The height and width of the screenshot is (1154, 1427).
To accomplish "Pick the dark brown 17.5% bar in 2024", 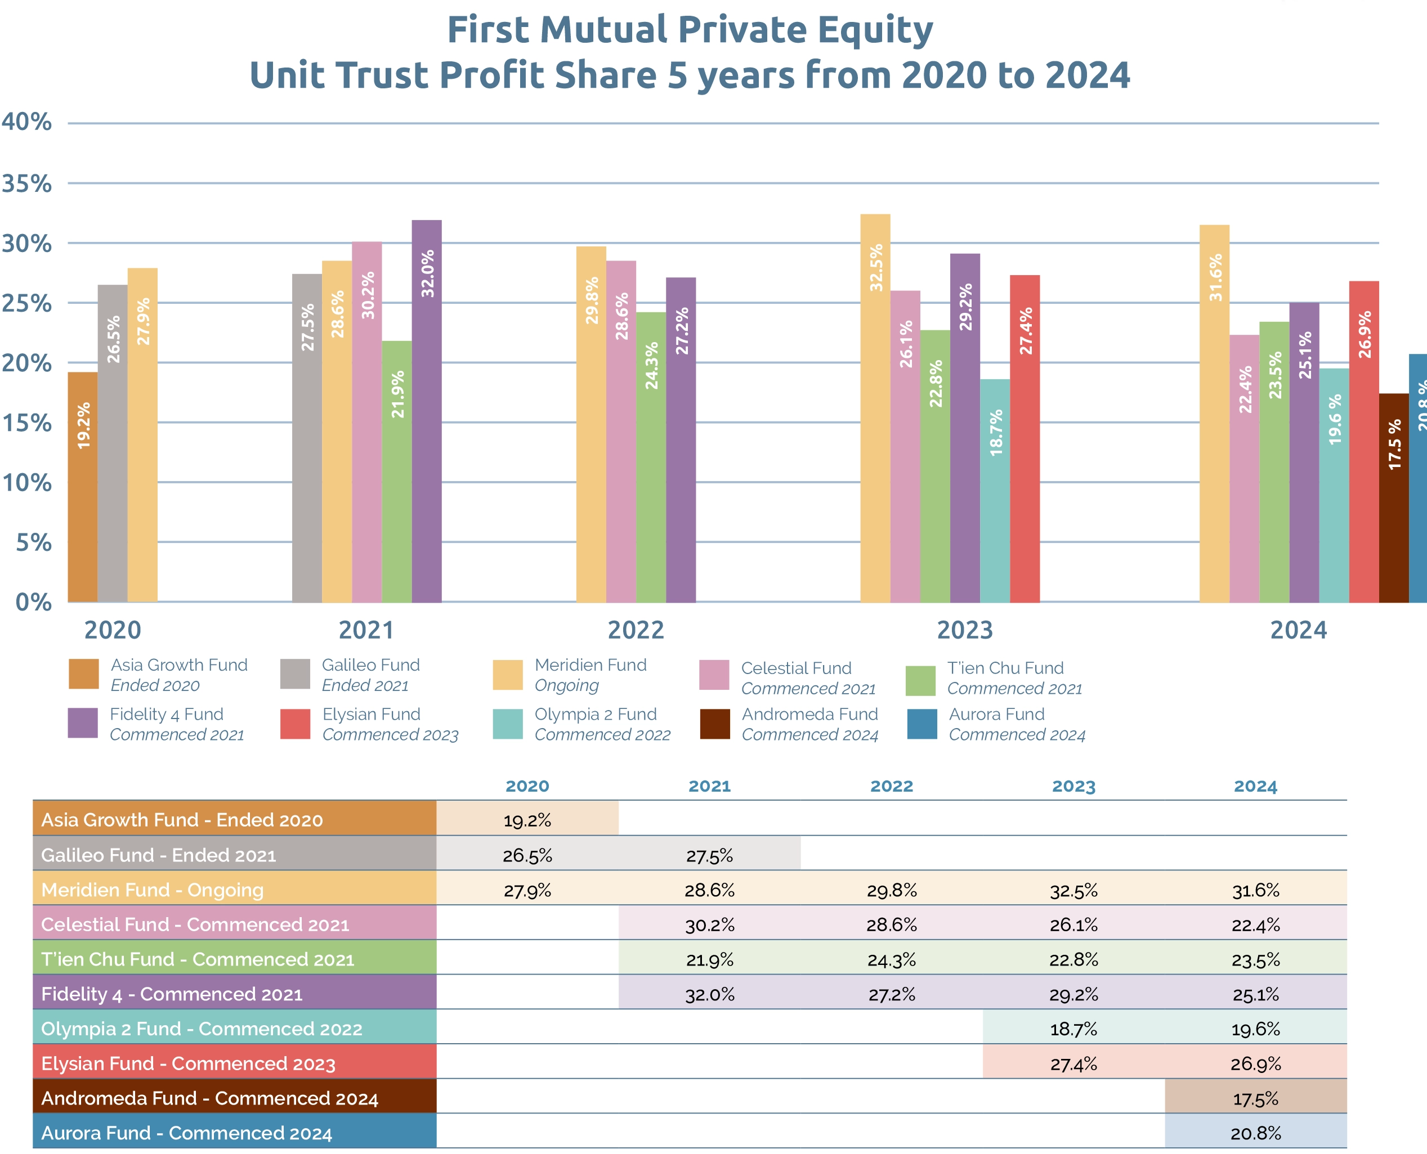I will (1394, 498).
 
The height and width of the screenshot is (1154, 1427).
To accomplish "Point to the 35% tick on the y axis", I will (26, 183).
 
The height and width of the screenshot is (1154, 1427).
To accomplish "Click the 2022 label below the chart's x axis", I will (636, 630).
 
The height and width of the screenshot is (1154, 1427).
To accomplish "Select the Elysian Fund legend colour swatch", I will (295, 724).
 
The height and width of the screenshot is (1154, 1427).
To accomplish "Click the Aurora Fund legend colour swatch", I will (922, 724).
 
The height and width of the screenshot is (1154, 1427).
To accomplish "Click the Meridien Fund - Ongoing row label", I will (153, 890).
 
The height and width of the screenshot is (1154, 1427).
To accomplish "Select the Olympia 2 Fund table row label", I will (202, 1029).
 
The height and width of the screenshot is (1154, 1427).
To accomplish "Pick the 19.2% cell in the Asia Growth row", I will (527, 820).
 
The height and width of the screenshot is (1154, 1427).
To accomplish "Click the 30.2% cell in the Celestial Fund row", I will (709, 924).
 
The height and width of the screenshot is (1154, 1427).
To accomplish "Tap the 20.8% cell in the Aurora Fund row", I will (1255, 1133).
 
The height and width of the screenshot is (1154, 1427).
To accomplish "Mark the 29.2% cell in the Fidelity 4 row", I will (1073, 994).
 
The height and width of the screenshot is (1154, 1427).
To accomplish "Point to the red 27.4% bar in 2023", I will (1025, 439).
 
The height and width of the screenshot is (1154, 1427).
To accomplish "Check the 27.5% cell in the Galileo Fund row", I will (709, 856).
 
